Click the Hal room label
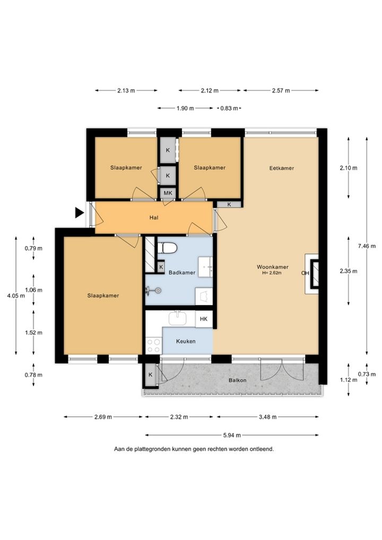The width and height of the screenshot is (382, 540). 154,217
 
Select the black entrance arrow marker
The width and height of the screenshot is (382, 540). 80,213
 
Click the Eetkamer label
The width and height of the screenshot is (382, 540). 281,168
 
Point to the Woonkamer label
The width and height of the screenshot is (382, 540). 273,267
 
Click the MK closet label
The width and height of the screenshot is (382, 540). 168,193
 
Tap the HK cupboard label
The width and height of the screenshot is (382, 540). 204,319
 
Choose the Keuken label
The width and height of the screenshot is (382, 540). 186,341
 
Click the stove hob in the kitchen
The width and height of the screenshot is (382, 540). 153,346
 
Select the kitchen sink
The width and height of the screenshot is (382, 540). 178,319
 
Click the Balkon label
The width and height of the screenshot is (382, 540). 238,380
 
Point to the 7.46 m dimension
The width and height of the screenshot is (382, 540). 367,246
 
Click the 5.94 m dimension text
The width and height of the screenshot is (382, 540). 232,435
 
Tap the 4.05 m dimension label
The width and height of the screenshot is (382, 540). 16,295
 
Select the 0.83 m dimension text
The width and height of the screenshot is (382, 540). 229,108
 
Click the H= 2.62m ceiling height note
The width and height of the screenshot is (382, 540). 272,273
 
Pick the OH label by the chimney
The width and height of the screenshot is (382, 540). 305,273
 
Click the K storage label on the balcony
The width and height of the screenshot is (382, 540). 151,374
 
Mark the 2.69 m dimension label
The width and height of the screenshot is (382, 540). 103,417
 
